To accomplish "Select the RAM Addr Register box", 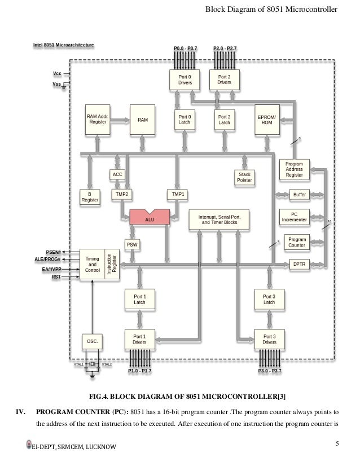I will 97,120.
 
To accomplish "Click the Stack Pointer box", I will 244,178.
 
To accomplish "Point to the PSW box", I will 132,245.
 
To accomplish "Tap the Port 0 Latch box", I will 185,120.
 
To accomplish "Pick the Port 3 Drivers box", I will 269,339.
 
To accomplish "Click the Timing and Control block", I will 92,263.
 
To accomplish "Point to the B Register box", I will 90,197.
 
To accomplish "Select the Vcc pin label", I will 56,73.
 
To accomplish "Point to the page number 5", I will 336,443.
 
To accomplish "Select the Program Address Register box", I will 294,169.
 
